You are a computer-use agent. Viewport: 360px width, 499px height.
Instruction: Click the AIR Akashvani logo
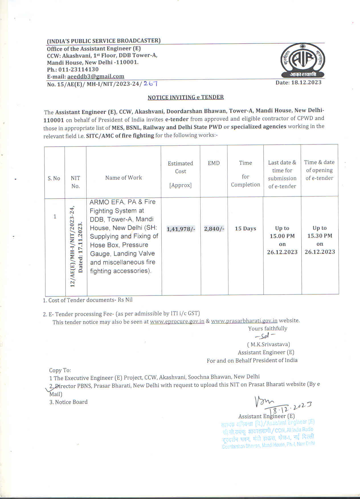[303, 62]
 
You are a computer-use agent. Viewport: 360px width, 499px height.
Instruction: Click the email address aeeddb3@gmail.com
[96, 76]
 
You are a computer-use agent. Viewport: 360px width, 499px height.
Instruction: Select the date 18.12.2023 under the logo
[298, 83]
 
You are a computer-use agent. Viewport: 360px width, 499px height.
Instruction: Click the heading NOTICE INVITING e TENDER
[186, 97]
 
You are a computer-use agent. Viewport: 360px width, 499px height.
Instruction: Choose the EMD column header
[214, 163]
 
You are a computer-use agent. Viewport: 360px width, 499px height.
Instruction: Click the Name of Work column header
[123, 178]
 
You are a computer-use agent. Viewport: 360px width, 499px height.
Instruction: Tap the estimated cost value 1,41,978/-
[181, 229]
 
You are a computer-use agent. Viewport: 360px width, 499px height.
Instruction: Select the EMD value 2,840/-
[214, 229]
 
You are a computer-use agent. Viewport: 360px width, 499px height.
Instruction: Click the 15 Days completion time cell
[246, 228]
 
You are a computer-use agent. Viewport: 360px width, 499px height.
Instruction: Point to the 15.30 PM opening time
[320, 236]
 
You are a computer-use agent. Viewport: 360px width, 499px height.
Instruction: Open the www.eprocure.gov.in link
[177, 322]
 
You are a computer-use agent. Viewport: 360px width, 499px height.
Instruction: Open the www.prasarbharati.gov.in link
[244, 321]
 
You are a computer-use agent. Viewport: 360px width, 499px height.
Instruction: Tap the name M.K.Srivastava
[269, 344]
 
